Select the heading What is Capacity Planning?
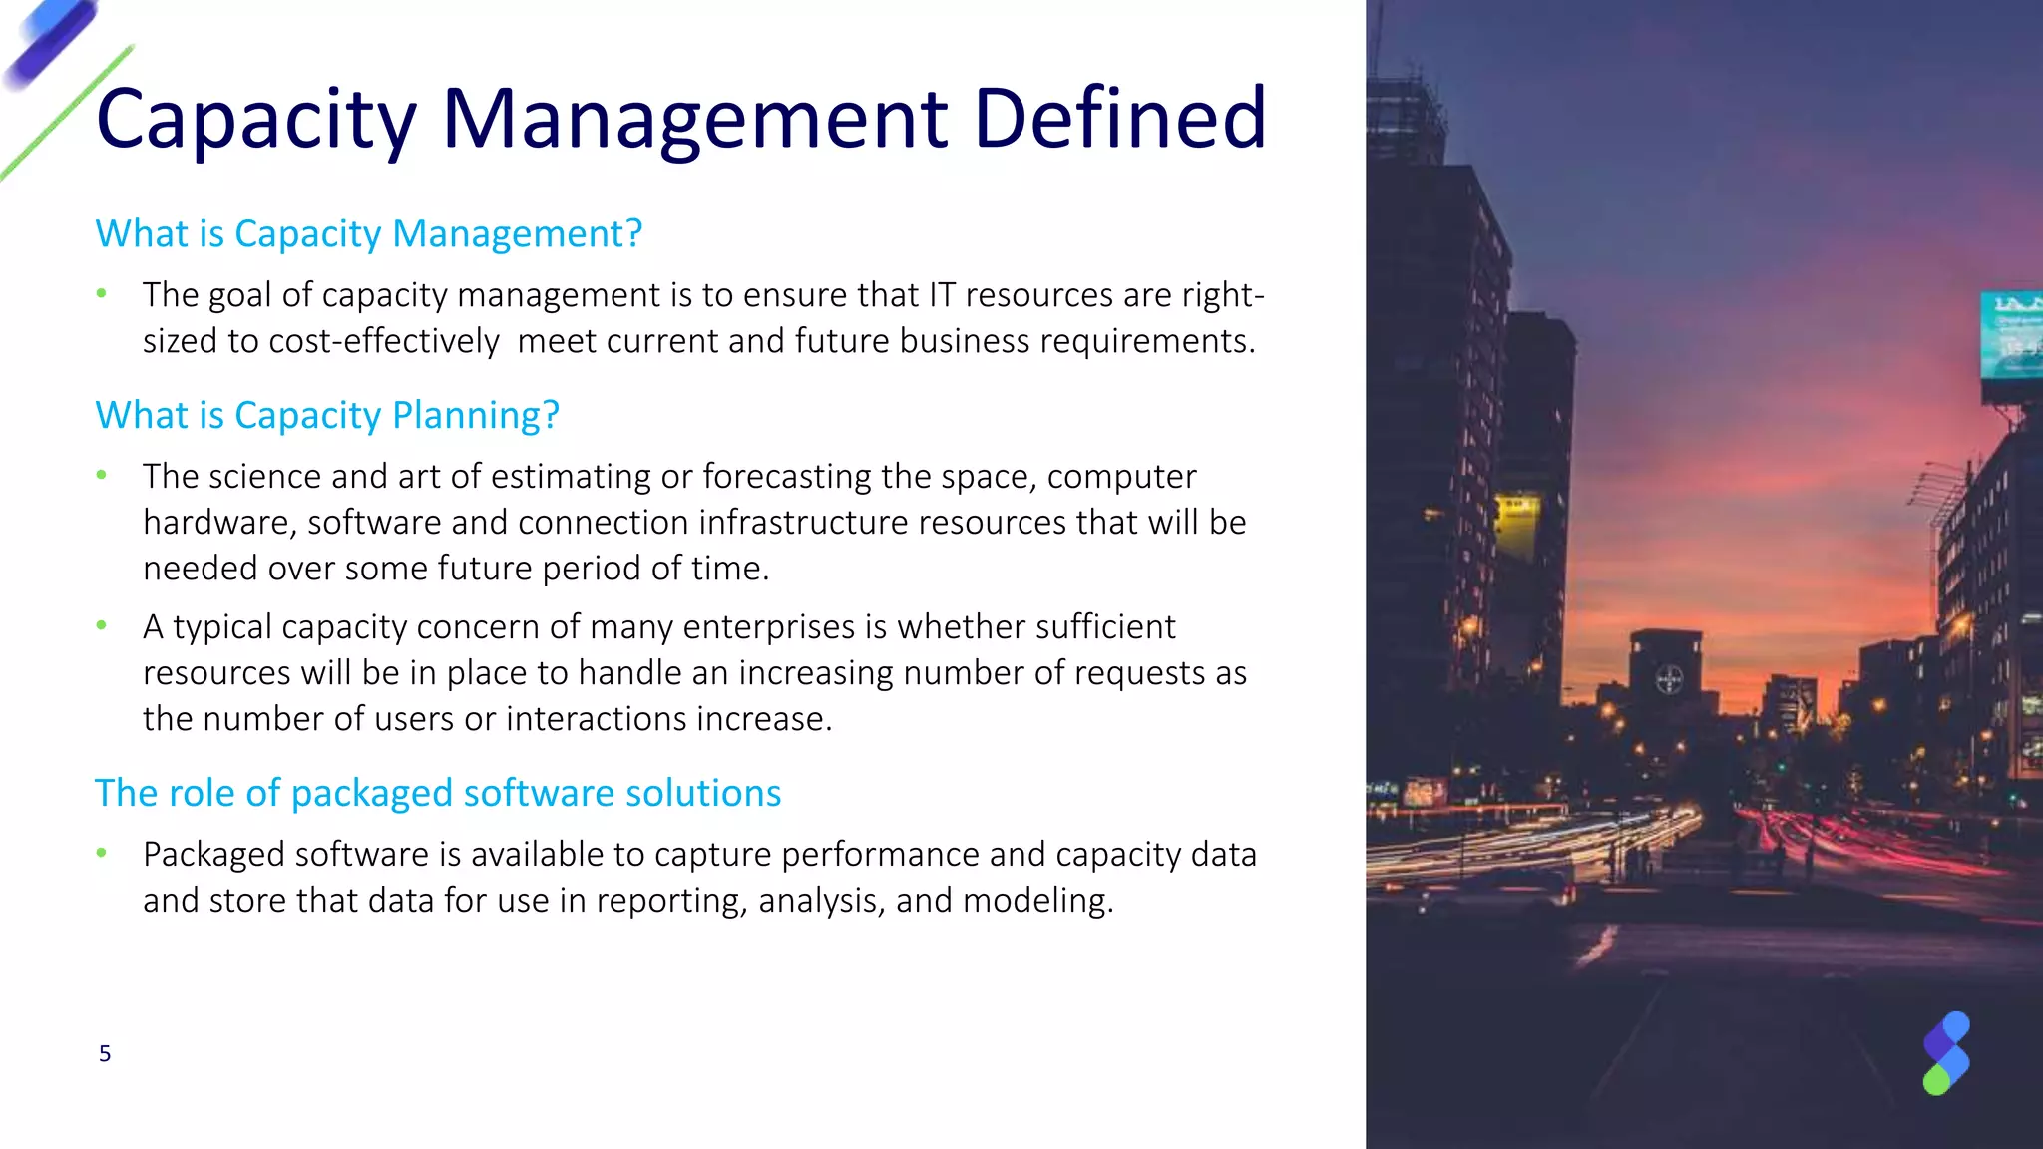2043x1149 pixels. pyautogui.click(x=327, y=415)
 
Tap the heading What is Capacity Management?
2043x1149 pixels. pyautogui.click(x=368, y=234)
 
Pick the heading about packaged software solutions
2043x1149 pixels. pyautogui.click(x=437, y=794)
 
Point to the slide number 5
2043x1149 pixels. pyautogui.click(x=105, y=1054)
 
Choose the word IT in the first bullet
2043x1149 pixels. pyautogui.click(x=942, y=295)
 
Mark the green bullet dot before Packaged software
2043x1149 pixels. pyautogui.click(x=101, y=854)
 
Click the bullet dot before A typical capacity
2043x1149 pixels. pyautogui.click(x=101, y=626)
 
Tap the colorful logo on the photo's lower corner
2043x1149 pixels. pyautogui.click(x=1946, y=1053)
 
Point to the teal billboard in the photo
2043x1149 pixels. pyautogui.click(x=2010, y=336)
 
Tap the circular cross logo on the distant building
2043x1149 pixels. pyautogui.click(x=1669, y=681)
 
